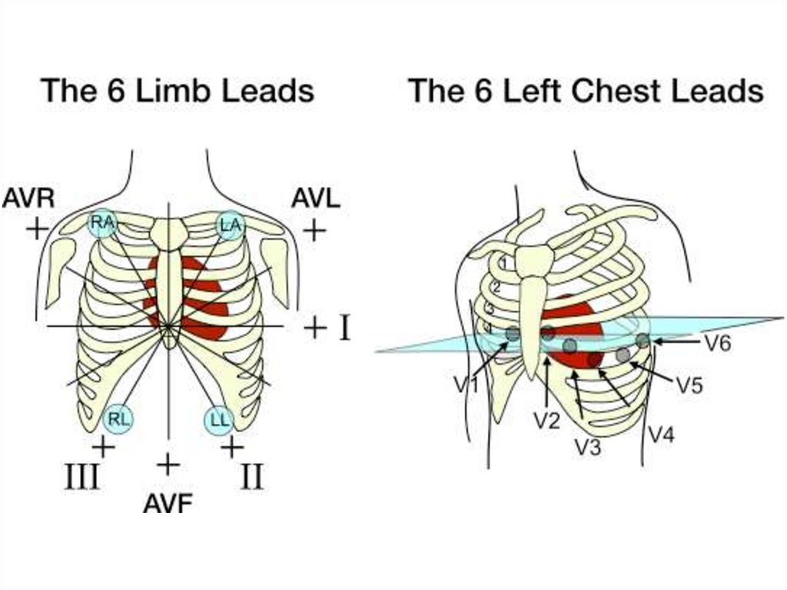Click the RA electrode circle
(x=102, y=224)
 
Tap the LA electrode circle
(x=229, y=224)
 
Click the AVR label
(x=28, y=198)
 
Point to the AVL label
(x=315, y=198)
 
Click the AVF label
(x=168, y=504)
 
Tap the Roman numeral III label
(x=81, y=477)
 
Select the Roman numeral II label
(x=251, y=477)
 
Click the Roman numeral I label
(x=344, y=328)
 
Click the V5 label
(x=689, y=385)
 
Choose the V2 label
(x=546, y=420)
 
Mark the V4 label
(x=661, y=435)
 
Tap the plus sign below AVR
(x=35, y=228)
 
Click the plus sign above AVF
(x=168, y=464)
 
